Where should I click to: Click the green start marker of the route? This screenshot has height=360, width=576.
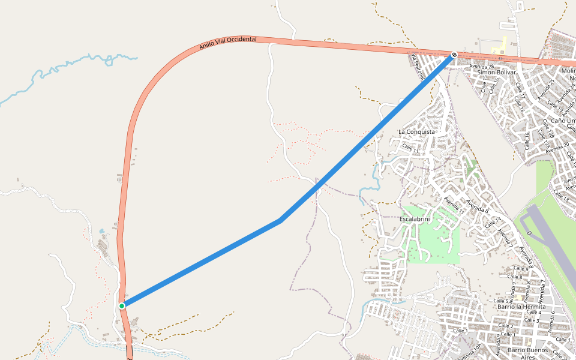point(122,306)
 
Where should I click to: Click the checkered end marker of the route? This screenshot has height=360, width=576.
point(454,55)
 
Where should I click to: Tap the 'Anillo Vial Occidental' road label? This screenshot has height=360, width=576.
point(228,43)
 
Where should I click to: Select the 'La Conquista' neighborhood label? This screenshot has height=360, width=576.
point(416,131)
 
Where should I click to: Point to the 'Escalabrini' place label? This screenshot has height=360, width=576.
point(415,220)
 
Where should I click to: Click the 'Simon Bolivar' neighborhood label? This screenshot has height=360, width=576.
point(496,73)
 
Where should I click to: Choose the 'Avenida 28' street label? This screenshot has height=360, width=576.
point(481,66)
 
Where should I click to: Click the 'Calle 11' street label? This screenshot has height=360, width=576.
point(410,147)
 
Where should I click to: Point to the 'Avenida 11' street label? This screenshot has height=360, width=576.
point(454,205)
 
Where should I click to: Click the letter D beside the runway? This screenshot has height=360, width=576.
point(529,232)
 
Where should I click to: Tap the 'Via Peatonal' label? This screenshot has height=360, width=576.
point(418,65)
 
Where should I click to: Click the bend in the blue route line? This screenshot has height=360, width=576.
point(281,221)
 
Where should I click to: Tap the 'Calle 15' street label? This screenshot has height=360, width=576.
point(485,84)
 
